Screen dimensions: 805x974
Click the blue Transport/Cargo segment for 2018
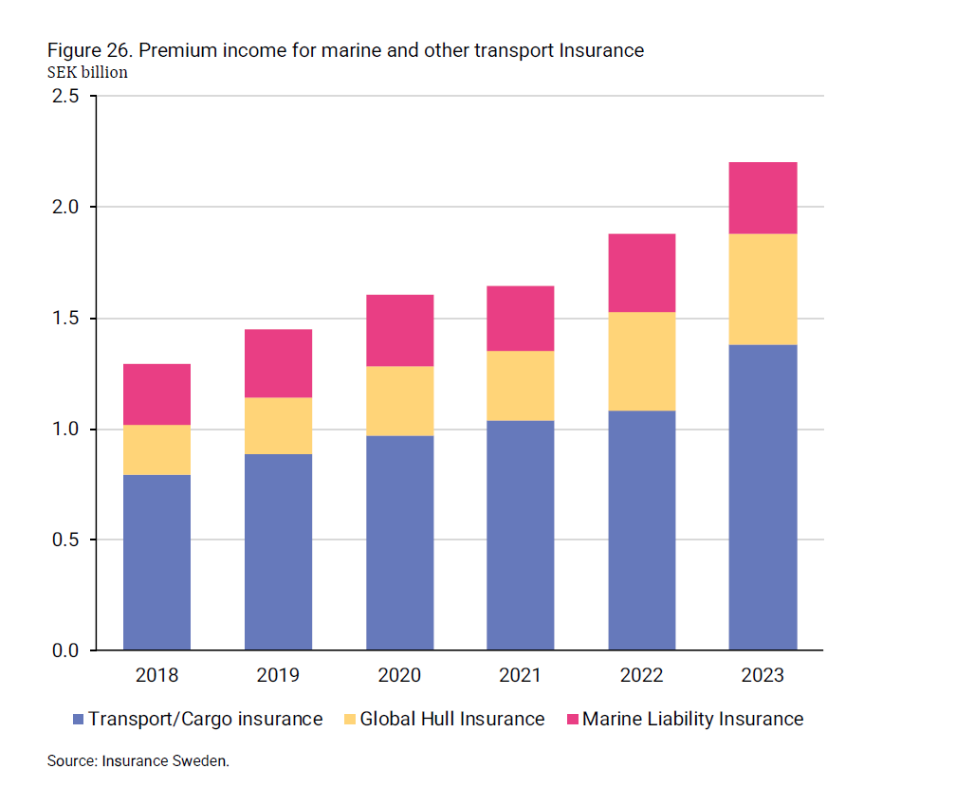tap(156, 562)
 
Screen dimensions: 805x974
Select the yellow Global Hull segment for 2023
tap(763, 289)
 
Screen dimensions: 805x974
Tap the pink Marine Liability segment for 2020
tap(399, 330)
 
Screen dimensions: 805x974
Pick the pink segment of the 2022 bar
tap(641, 272)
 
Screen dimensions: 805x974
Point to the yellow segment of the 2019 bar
tap(278, 426)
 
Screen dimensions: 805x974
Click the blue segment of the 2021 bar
tap(520, 535)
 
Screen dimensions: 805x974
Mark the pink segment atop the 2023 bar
tap(763, 198)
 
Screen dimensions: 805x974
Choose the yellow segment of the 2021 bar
tap(520, 386)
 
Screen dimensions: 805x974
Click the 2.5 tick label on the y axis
tap(65, 97)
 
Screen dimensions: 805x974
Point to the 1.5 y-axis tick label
tap(65, 319)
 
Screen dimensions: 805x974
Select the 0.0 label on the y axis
tap(65, 651)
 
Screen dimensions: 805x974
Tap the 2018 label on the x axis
tap(156, 676)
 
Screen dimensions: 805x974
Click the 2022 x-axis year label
tap(641, 676)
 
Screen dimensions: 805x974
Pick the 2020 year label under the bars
tap(399, 676)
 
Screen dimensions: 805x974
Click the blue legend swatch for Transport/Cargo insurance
tap(79, 720)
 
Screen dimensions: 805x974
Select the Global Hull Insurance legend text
tap(452, 720)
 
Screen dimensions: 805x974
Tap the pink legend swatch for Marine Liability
tap(571, 720)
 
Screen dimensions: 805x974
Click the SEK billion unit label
tap(87, 72)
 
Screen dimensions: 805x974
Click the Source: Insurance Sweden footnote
tap(138, 761)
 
